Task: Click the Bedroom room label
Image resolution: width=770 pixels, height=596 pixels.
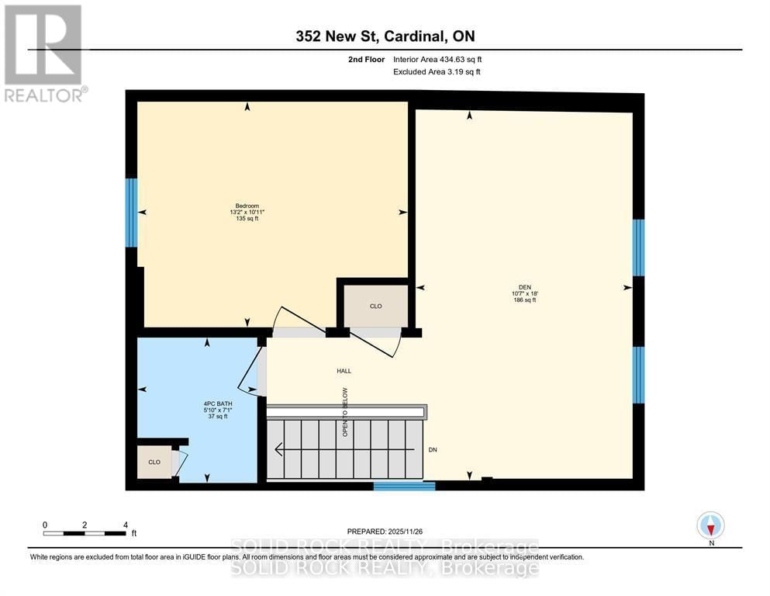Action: pyautogui.click(x=247, y=206)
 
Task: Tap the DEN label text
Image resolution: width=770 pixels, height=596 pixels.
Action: pyautogui.click(x=525, y=288)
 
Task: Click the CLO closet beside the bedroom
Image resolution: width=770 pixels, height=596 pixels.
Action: pyautogui.click(x=376, y=306)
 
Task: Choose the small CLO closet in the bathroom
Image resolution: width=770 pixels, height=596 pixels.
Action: pyautogui.click(x=154, y=462)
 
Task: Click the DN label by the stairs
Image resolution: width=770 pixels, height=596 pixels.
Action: pyautogui.click(x=433, y=450)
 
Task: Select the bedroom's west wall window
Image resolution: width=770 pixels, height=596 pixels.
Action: pyautogui.click(x=131, y=213)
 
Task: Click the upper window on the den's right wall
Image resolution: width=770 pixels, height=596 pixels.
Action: pyautogui.click(x=638, y=248)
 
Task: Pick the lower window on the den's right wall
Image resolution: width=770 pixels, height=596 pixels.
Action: pyautogui.click(x=638, y=375)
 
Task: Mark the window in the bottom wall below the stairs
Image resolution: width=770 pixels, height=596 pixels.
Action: pyautogui.click(x=404, y=487)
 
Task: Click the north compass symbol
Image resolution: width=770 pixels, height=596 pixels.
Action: pyautogui.click(x=710, y=525)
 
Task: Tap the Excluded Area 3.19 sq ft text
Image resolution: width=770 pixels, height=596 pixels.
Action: pyautogui.click(x=437, y=72)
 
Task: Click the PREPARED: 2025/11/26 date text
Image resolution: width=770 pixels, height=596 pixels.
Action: pyautogui.click(x=384, y=532)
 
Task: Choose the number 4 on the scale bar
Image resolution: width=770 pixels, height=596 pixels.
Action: pyautogui.click(x=125, y=525)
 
